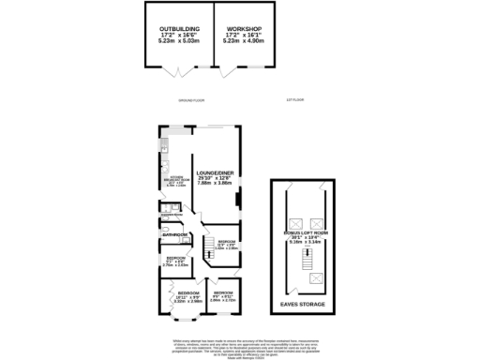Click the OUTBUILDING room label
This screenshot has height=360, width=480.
pyautogui.click(x=177, y=29)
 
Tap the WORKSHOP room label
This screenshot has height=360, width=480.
pyautogui.click(x=245, y=29)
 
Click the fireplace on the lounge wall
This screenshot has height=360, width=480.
pyautogui.click(x=238, y=200)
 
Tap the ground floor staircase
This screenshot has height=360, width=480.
pyautogui.click(x=199, y=248)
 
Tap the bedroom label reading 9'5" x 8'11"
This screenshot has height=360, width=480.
pyautogui.click(x=222, y=295)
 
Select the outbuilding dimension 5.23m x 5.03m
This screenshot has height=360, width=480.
pyautogui.click(x=177, y=42)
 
